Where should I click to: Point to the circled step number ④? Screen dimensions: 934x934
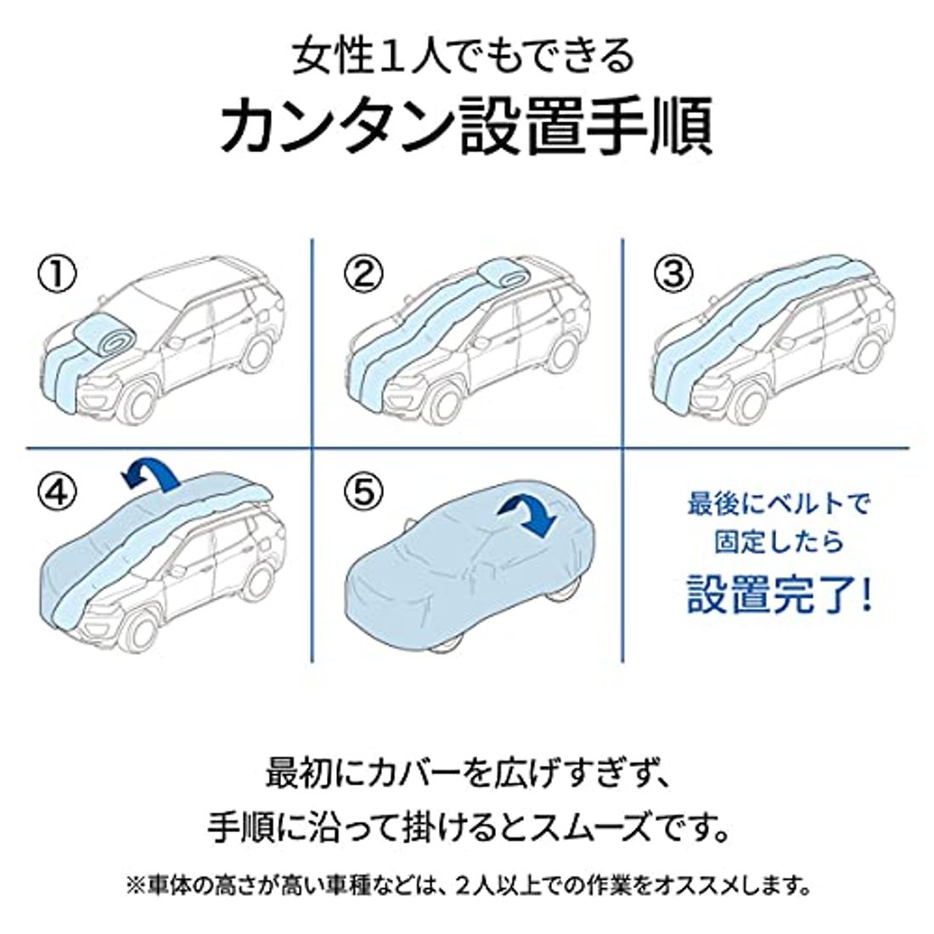(56, 490)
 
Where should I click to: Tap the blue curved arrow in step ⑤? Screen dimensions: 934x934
(526, 515)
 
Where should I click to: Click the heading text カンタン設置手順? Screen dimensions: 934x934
(466, 126)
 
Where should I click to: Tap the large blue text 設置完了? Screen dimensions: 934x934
(779, 596)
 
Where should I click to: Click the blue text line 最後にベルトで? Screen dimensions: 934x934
(779, 504)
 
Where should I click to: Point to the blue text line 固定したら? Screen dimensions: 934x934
(779, 542)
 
